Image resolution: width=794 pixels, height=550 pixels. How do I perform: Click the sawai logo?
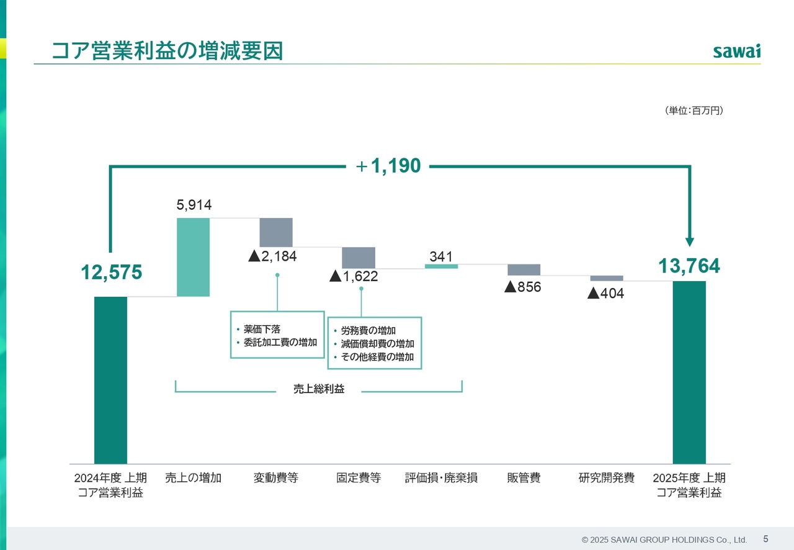736,51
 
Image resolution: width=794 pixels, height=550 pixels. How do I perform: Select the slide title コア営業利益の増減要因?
167,51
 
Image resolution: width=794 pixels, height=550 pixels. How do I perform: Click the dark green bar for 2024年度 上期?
110,380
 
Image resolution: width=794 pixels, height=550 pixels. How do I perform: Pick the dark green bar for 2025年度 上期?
689,372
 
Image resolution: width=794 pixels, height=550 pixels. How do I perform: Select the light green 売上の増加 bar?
193,257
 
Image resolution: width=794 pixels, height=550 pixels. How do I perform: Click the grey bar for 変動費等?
276,232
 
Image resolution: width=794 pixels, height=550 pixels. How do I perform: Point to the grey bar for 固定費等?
359,258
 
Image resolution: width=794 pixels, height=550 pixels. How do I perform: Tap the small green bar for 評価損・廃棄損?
441,266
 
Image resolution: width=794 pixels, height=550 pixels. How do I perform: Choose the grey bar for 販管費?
524,270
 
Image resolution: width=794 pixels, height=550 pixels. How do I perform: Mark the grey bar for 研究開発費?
607,278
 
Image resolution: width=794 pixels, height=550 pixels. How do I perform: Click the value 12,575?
111,272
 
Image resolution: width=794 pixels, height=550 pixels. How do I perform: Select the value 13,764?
689,266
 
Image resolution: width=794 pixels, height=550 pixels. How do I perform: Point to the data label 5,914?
194,205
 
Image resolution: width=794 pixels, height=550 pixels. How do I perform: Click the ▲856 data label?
522,287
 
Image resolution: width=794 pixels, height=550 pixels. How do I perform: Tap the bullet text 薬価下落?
262,330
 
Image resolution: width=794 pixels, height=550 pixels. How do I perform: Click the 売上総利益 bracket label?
319,389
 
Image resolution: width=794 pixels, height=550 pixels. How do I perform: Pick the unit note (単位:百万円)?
694,110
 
